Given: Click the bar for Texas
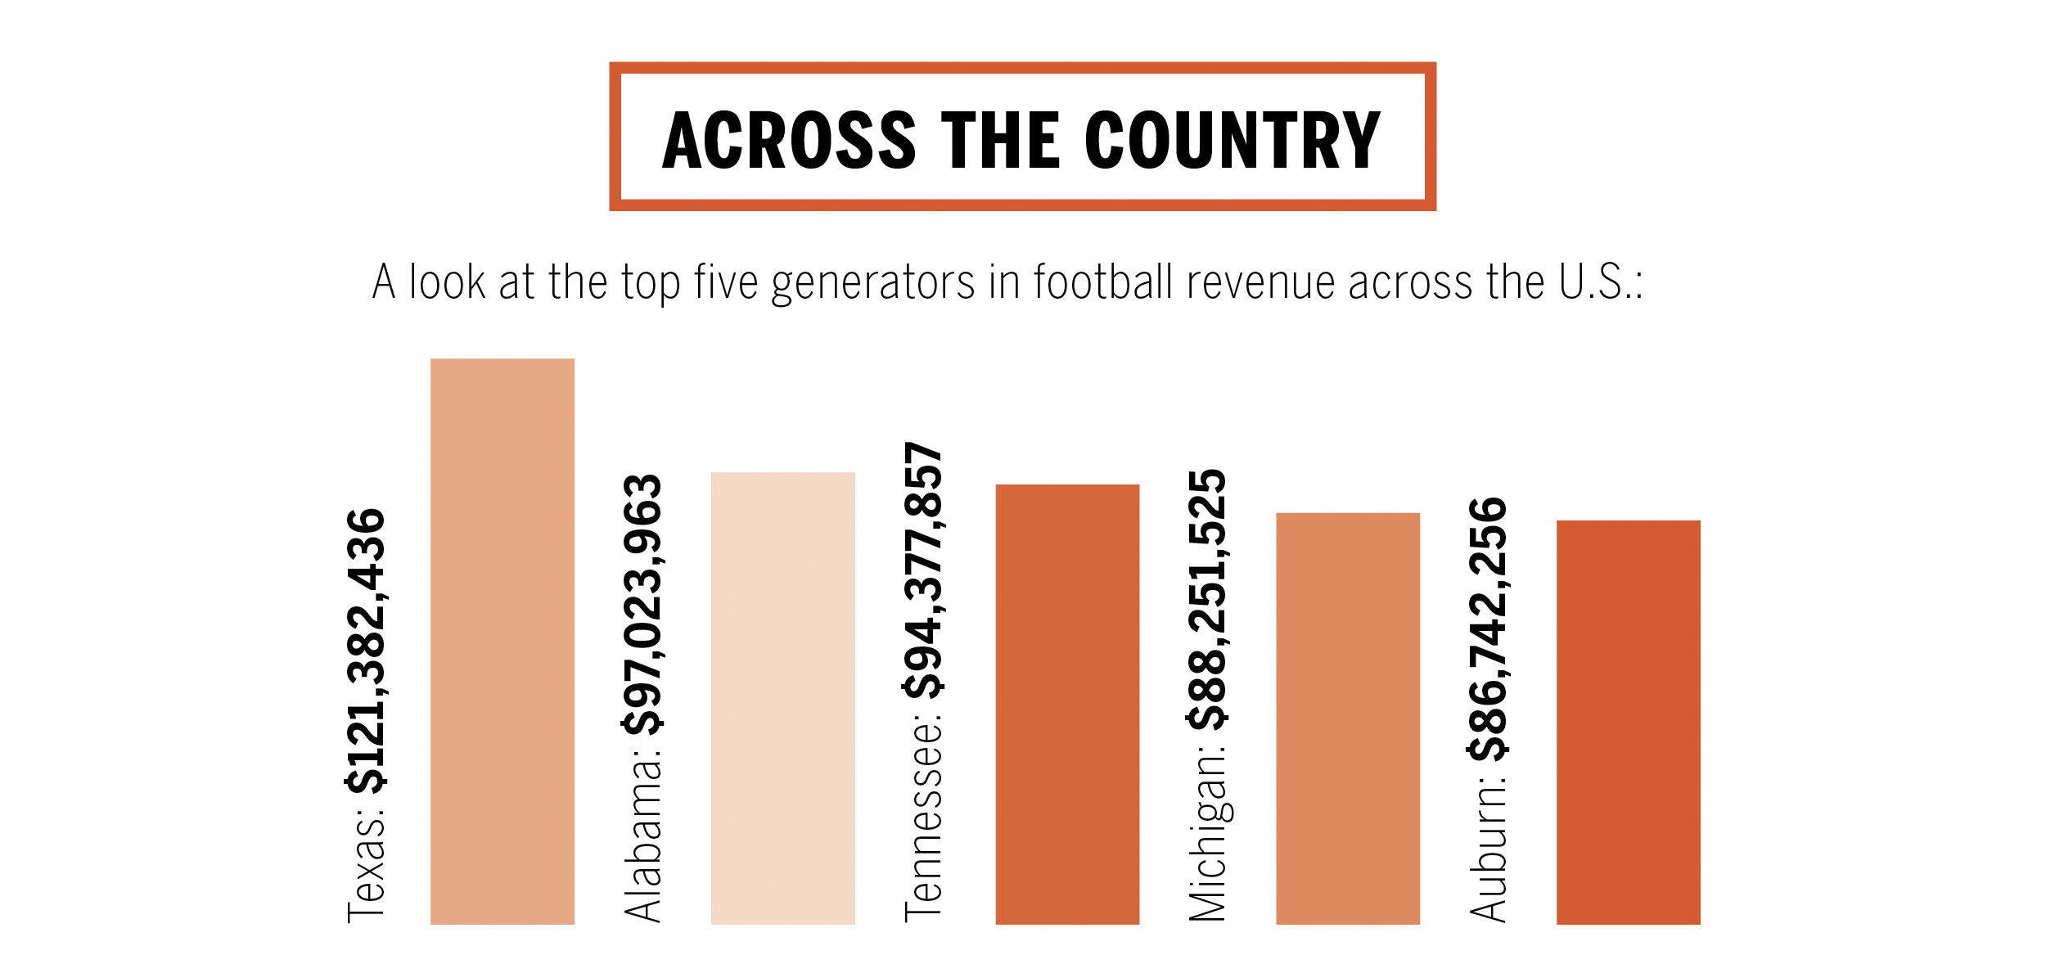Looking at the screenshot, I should click(502, 641).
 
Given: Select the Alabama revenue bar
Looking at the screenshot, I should click(782, 698).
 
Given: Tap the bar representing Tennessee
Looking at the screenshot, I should click(1067, 704).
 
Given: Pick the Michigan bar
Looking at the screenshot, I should click(1347, 718).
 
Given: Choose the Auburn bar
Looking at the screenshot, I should click(1628, 722).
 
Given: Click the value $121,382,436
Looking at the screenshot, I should click(366, 651).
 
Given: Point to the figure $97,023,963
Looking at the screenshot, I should click(642, 604).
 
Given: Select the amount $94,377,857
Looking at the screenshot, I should click(923, 570).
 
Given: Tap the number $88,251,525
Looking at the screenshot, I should click(1207, 599).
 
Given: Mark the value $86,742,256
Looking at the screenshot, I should click(1488, 628).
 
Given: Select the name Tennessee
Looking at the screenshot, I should click(923, 821).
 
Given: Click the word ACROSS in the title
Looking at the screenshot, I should click(789, 141).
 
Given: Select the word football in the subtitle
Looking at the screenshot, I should click(1103, 282).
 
